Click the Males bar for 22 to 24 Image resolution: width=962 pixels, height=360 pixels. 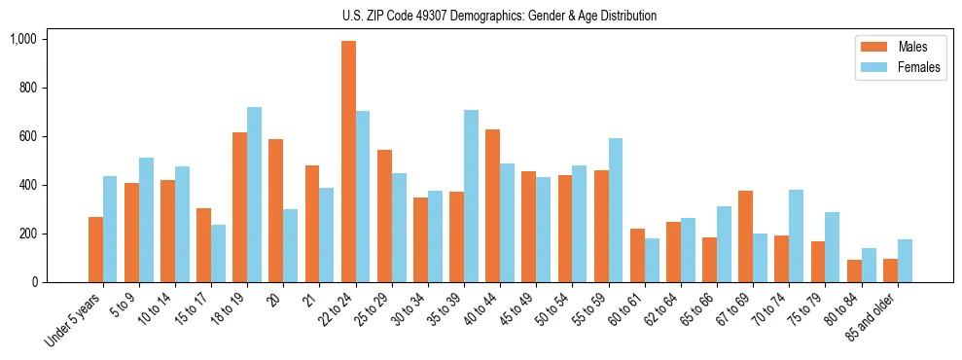pyautogui.click(x=348, y=162)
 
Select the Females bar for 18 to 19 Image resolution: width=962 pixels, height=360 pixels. pyautogui.click(x=254, y=195)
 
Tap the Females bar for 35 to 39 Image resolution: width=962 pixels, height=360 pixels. pyautogui.click(x=471, y=196)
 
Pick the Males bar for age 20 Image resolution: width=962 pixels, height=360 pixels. pyautogui.click(x=275, y=210)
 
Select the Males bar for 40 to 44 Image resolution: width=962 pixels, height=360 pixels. pyautogui.click(x=492, y=205)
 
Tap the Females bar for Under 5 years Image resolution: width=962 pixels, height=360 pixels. pyautogui.click(x=110, y=229)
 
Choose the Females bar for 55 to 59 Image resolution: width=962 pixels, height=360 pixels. pyautogui.click(x=616, y=210)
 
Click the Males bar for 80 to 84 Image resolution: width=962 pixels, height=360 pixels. pyautogui.click(x=853, y=270)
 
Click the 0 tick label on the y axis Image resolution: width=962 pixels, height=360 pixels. pyautogui.click(x=35, y=282)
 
